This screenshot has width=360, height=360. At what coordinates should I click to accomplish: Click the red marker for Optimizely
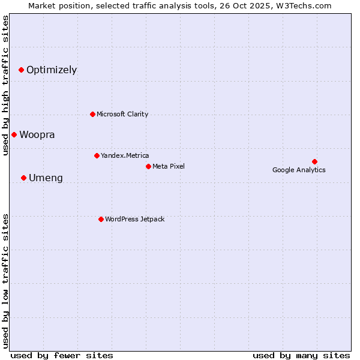[x=21, y=70]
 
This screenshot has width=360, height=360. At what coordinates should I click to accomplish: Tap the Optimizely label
[x=52, y=70]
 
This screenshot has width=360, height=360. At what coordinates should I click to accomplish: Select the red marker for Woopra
[x=14, y=134]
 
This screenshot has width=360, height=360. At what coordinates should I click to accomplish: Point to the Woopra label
[x=37, y=134]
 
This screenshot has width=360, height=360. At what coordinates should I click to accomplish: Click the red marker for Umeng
[x=23, y=178]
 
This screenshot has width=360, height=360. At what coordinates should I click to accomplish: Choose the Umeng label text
[x=46, y=178]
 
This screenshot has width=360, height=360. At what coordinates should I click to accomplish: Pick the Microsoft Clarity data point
[x=92, y=114]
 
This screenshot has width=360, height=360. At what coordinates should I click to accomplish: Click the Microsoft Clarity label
[x=122, y=114]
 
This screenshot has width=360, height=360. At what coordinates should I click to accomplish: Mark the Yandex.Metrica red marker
[x=97, y=155]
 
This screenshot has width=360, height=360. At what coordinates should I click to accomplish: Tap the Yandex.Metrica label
[x=125, y=155]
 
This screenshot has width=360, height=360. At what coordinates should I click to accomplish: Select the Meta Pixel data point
[x=148, y=166]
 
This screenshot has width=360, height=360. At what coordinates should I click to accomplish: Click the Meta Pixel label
[x=169, y=166]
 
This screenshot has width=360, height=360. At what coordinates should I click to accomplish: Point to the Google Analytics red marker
[x=314, y=161]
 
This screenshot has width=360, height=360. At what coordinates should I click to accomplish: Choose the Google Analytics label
[x=299, y=170]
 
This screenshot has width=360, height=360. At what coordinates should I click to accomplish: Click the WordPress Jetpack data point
[x=101, y=219]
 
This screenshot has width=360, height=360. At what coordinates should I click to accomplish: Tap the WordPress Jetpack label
[x=134, y=219]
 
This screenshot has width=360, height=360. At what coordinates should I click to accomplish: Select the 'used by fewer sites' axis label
[x=62, y=355]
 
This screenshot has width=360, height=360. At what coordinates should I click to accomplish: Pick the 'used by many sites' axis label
[x=301, y=355]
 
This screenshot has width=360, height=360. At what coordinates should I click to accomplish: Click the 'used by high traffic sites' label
[x=5, y=86]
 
